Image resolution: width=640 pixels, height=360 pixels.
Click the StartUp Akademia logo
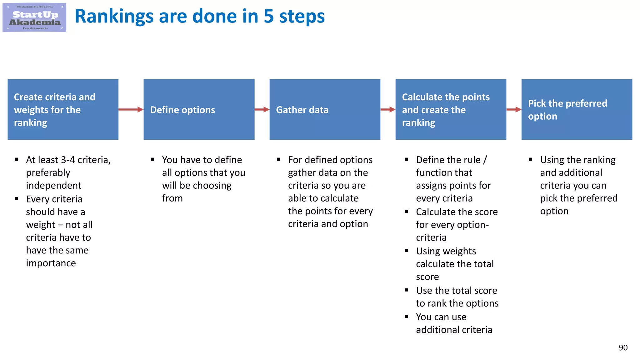34,17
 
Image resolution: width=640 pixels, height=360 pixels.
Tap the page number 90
623,347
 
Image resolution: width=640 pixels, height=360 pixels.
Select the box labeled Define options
199,109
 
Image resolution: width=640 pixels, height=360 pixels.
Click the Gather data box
325,109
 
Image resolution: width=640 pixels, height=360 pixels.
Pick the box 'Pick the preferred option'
577,109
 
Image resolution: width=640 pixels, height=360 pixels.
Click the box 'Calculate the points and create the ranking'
451,109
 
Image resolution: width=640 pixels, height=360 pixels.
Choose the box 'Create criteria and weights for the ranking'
63,109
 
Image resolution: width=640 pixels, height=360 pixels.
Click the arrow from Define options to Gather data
262,109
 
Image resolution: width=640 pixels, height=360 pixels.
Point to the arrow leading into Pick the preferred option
514,109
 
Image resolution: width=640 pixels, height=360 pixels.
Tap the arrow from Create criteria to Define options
131,109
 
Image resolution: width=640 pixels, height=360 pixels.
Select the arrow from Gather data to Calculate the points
388,109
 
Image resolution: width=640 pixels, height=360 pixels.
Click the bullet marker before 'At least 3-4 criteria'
17,159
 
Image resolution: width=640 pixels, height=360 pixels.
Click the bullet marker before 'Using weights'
406,251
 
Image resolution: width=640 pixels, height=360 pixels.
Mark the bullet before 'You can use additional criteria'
406,317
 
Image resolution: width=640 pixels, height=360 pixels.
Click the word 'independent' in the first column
53,185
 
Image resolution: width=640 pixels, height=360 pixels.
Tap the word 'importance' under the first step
51,263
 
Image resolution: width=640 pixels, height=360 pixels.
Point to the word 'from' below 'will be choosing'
172,198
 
